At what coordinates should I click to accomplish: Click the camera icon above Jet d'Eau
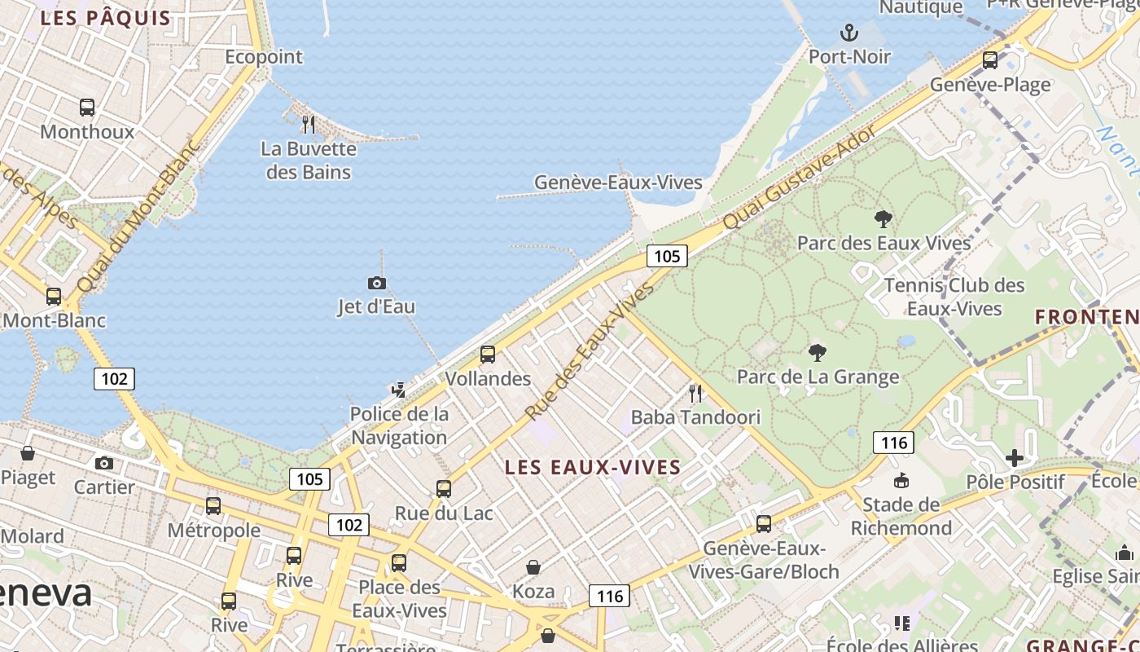pyautogui.click(x=377, y=283)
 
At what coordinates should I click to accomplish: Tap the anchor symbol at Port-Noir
pyautogui.click(x=849, y=33)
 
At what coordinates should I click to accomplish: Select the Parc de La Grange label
pyautogui.click(x=818, y=377)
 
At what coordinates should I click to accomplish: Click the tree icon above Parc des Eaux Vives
pyautogui.click(x=883, y=218)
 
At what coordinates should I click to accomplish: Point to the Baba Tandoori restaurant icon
pyautogui.click(x=695, y=394)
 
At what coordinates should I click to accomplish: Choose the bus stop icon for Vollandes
pyautogui.click(x=488, y=355)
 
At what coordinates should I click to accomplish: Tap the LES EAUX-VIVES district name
pyautogui.click(x=592, y=467)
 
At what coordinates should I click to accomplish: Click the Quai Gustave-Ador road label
pyautogui.click(x=799, y=177)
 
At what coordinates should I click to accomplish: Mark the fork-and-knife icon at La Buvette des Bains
pyautogui.click(x=309, y=125)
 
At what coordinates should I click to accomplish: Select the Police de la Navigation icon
pyautogui.click(x=398, y=390)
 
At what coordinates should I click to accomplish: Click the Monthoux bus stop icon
pyautogui.click(x=87, y=107)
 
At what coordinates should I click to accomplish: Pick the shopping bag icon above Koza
pyautogui.click(x=533, y=567)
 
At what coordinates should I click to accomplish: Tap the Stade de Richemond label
pyautogui.click(x=901, y=517)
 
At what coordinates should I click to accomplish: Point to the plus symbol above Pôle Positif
pyautogui.click(x=1014, y=458)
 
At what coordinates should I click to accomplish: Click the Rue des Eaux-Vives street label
pyautogui.click(x=590, y=351)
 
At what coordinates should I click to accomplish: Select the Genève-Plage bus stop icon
pyautogui.click(x=990, y=59)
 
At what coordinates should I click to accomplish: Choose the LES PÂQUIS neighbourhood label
pyautogui.click(x=106, y=18)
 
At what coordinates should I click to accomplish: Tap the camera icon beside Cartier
pyautogui.click(x=104, y=463)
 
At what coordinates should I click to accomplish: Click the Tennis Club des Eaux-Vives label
pyautogui.click(x=954, y=297)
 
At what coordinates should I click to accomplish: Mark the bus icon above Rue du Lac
pyautogui.click(x=444, y=489)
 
